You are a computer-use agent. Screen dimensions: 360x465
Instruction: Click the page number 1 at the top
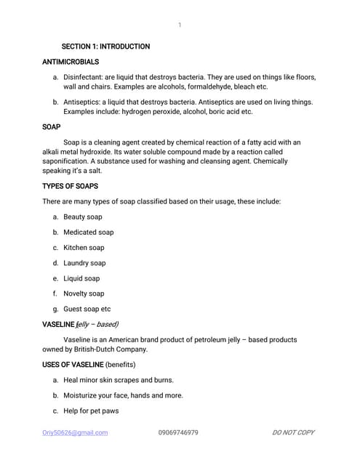pos(180,25)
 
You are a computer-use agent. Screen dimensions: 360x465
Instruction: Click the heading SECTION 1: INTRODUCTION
pos(105,46)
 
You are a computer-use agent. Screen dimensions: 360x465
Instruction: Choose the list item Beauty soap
pos(83,217)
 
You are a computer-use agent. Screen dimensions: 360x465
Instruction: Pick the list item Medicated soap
pos(88,232)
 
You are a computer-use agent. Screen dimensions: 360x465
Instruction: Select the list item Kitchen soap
pos(84,248)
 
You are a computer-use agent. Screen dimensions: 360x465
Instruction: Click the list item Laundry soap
pos(84,263)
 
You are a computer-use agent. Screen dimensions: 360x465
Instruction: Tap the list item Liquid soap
pos(81,278)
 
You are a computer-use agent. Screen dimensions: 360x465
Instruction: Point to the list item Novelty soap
pos(84,294)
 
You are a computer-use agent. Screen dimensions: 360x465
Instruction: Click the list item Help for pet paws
pos(91,411)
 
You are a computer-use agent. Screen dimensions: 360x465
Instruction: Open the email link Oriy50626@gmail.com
pos(75,432)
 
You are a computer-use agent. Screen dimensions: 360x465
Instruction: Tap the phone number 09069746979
pos(178,432)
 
